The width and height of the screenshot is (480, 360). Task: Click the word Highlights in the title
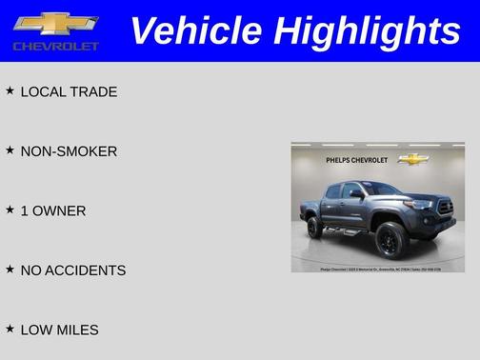[x=367, y=30]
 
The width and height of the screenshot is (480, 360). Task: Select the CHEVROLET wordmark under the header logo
[x=56, y=46]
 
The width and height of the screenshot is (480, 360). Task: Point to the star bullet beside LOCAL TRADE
[x=10, y=90]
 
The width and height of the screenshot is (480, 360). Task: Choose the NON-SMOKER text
[x=69, y=151]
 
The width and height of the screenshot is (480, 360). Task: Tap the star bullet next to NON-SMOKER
[x=10, y=150]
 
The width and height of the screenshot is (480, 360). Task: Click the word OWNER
[x=59, y=211]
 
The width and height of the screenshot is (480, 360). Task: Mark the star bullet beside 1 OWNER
[x=10, y=210]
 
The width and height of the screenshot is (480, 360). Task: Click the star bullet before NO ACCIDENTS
[x=10, y=269]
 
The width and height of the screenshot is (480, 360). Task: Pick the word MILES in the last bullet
[x=76, y=330]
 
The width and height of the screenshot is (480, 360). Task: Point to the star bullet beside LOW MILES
[x=10, y=328]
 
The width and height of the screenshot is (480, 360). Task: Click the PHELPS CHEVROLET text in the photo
[x=356, y=160]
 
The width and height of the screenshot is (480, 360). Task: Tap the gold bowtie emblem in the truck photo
[x=413, y=159]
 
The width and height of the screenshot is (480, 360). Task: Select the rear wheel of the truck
[x=314, y=228]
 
